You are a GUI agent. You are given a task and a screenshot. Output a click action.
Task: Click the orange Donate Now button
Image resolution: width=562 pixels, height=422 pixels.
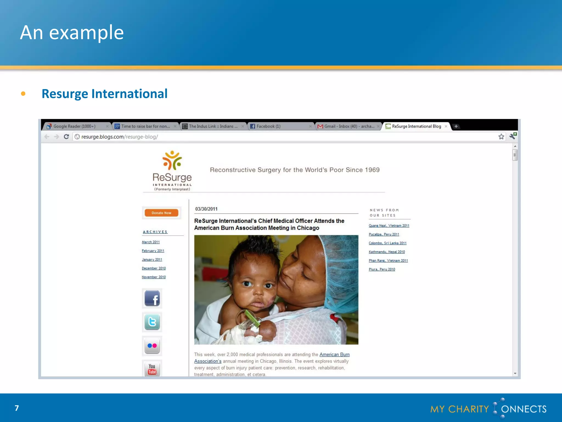tap(161, 213)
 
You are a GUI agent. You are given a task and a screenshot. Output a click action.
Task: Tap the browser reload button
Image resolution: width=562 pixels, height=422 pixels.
tap(66, 137)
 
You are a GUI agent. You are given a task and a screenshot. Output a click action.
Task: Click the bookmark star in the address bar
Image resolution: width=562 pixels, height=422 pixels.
tap(501, 137)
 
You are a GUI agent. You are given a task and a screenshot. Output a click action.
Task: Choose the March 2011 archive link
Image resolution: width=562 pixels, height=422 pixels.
tap(151, 242)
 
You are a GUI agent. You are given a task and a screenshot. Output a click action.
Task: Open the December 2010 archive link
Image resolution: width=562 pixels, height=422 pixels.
tap(154, 268)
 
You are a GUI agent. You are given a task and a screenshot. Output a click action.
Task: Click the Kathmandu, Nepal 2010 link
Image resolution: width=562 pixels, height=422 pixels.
tap(387, 252)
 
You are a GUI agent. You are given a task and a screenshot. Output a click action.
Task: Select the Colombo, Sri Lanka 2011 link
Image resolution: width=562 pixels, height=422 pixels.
tap(387, 243)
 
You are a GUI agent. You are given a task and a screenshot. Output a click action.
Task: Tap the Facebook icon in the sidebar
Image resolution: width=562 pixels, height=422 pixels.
tap(152, 298)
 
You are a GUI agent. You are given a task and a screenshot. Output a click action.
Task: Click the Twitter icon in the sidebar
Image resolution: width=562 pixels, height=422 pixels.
tap(152, 322)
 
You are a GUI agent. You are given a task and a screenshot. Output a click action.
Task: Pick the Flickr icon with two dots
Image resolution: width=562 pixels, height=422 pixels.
tap(152, 346)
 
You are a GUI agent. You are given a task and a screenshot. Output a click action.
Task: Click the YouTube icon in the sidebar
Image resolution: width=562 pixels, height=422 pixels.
tap(152, 369)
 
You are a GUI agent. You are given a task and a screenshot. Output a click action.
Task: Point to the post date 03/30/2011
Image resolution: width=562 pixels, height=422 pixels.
tap(206, 209)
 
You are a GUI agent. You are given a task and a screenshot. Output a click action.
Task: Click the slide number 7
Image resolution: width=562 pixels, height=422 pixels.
tap(17, 408)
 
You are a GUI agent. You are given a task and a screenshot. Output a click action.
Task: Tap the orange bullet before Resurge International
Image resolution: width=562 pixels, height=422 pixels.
tap(23, 94)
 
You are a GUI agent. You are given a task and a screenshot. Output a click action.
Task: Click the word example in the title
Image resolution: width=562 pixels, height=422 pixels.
tap(86, 33)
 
